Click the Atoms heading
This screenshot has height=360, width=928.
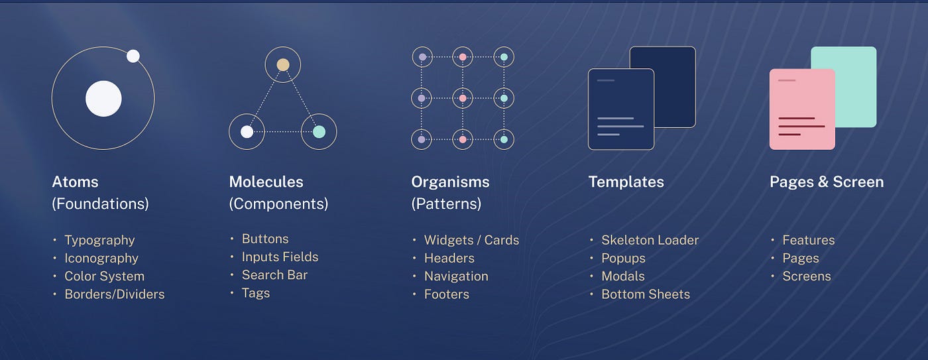75,182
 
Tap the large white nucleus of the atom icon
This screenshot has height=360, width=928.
103,98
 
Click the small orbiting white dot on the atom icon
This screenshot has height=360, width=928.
133,56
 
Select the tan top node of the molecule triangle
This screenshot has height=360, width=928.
283,64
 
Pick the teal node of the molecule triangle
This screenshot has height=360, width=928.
319,131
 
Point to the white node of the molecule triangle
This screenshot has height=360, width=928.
247,131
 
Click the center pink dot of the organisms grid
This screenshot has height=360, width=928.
463,98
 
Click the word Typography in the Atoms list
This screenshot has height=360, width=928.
99,240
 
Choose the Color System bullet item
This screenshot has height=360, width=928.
104,276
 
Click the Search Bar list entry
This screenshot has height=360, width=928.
274,274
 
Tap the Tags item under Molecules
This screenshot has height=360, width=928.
256,292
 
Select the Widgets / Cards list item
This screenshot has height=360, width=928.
471,240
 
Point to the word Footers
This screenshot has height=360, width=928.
447,294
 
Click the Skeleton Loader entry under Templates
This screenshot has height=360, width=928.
650,240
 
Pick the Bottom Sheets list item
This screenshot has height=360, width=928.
646,294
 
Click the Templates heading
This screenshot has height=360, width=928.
626,182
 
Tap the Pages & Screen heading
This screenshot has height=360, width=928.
826,182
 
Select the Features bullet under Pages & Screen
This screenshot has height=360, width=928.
808,240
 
